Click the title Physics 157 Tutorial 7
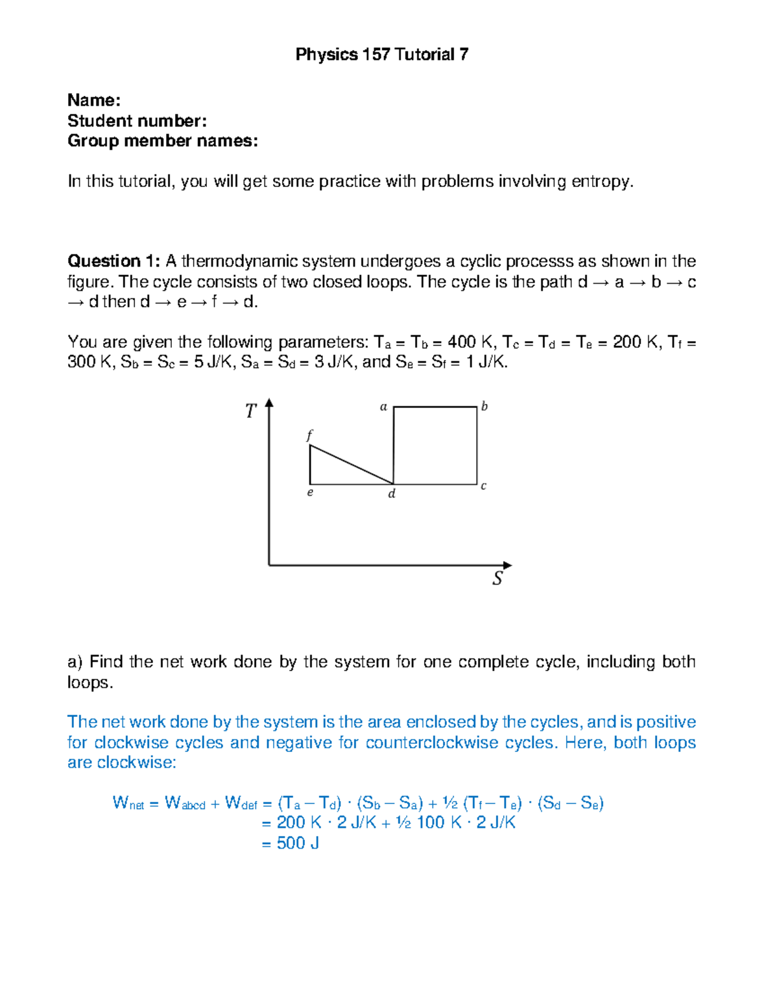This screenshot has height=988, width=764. (382, 55)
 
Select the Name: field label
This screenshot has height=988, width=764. (94, 101)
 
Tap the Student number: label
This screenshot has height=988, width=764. (137, 121)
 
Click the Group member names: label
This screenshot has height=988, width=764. (162, 141)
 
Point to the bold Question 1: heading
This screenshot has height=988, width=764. (114, 261)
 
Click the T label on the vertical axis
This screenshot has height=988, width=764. (251, 412)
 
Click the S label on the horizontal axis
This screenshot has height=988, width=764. (498, 578)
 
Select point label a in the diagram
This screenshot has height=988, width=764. (383, 407)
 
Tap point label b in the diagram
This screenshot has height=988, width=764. (485, 407)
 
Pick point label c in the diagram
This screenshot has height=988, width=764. (484, 486)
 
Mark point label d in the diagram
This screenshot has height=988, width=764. (392, 494)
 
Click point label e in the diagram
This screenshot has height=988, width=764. (310, 492)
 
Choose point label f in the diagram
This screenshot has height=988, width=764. (310, 436)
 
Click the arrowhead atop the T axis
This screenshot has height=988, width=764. (269, 403)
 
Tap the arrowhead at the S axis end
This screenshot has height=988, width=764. (507, 565)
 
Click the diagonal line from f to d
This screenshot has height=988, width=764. (351, 464)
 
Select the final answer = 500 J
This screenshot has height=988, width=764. (290, 844)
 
